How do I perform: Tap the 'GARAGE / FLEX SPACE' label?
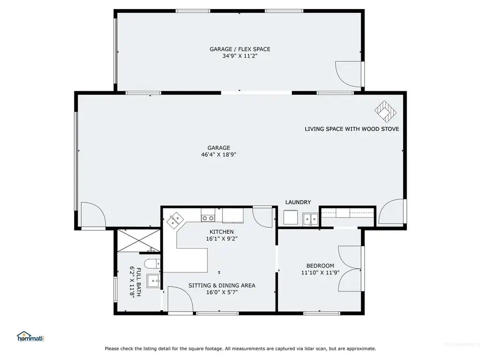239,49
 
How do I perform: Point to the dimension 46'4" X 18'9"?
219,155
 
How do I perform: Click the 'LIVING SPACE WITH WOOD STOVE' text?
352,129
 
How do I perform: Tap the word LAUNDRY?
298,202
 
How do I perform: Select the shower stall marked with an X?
138,240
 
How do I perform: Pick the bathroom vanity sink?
153,280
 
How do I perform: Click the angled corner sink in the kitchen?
175,219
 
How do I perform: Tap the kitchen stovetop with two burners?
208,218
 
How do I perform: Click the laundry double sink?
309,218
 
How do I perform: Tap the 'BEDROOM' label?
320,266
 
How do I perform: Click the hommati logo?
30,336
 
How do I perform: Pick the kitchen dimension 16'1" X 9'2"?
221,239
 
